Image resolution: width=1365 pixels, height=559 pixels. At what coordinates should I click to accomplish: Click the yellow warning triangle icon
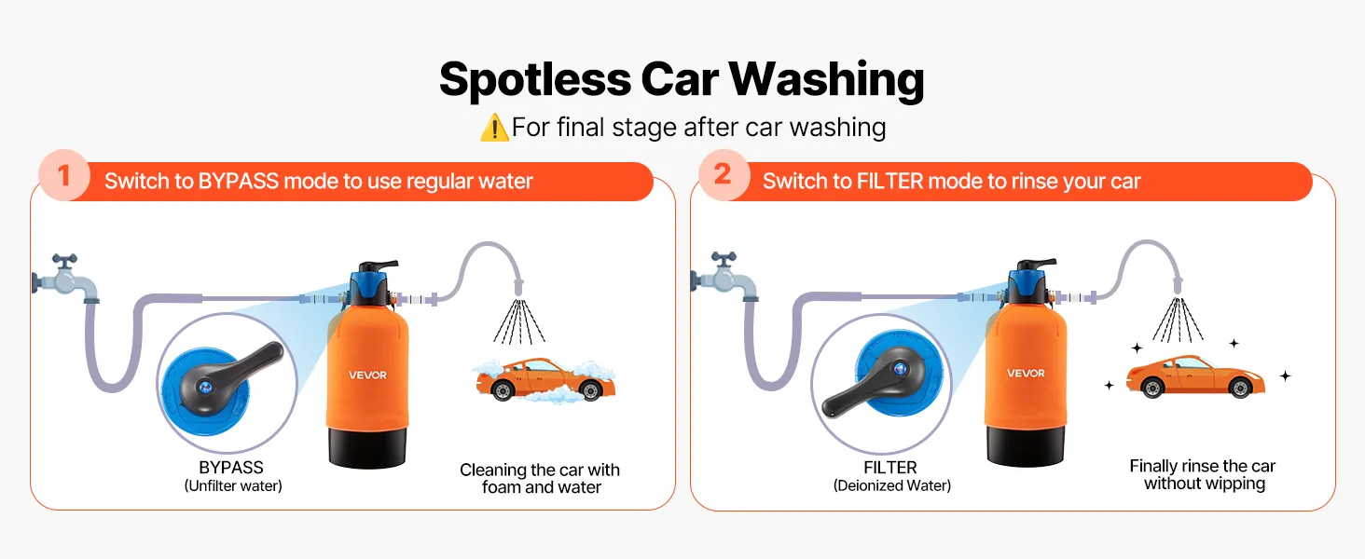pyautogui.click(x=494, y=128)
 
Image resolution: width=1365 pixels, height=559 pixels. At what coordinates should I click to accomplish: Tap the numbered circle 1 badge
pyautogui.click(x=64, y=175)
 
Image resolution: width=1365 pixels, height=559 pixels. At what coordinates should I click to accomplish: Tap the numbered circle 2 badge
pyautogui.click(x=724, y=175)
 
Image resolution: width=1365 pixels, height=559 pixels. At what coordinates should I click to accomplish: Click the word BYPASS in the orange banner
pyautogui.click(x=239, y=182)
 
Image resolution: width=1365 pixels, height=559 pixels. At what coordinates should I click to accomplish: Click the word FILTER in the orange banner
pyautogui.click(x=889, y=182)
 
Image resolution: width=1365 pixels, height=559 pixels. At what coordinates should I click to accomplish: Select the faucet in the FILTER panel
pyautogui.click(x=724, y=277)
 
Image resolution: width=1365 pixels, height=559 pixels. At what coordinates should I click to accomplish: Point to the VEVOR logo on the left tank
pyautogui.click(x=367, y=375)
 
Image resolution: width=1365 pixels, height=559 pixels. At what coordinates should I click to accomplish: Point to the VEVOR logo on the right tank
pyautogui.click(x=1026, y=374)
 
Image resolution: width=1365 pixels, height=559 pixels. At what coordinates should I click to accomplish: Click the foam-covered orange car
pyautogui.click(x=545, y=380)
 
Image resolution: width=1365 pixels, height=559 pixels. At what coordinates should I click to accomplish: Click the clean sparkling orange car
pyautogui.click(x=1195, y=377)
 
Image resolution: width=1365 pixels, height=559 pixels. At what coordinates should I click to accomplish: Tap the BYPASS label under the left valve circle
pyautogui.click(x=231, y=468)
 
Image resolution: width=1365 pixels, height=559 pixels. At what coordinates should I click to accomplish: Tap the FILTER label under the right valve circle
pyautogui.click(x=889, y=468)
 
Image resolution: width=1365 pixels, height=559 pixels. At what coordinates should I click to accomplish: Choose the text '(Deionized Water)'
pyautogui.click(x=892, y=486)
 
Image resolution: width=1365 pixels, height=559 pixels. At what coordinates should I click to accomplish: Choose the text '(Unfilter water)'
pyautogui.click(x=233, y=486)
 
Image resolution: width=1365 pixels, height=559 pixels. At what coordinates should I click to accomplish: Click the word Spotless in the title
pyautogui.click(x=535, y=80)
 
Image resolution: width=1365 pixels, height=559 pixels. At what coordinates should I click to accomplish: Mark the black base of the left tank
pyautogui.click(x=367, y=447)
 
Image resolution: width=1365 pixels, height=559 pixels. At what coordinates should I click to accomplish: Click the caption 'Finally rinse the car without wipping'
pyautogui.click(x=1203, y=475)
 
